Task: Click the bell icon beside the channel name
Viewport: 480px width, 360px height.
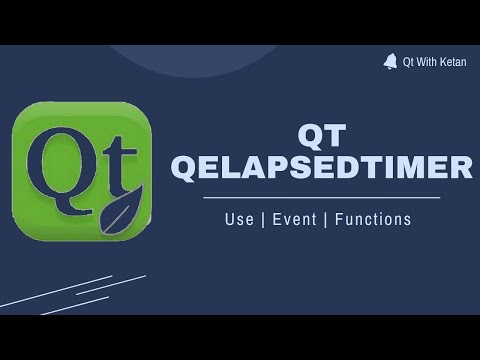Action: [390, 61]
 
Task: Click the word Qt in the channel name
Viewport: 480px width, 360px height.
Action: [409, 62]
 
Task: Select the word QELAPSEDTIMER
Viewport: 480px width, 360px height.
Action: [322, 167]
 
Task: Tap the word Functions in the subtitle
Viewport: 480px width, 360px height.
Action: [373, 219]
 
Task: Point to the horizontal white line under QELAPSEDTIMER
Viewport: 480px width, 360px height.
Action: [322, 198]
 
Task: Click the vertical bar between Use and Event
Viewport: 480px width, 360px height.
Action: [262, 219]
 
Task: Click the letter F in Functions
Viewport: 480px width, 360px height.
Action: [339, 219]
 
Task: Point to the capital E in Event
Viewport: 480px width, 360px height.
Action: [276, 219]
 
